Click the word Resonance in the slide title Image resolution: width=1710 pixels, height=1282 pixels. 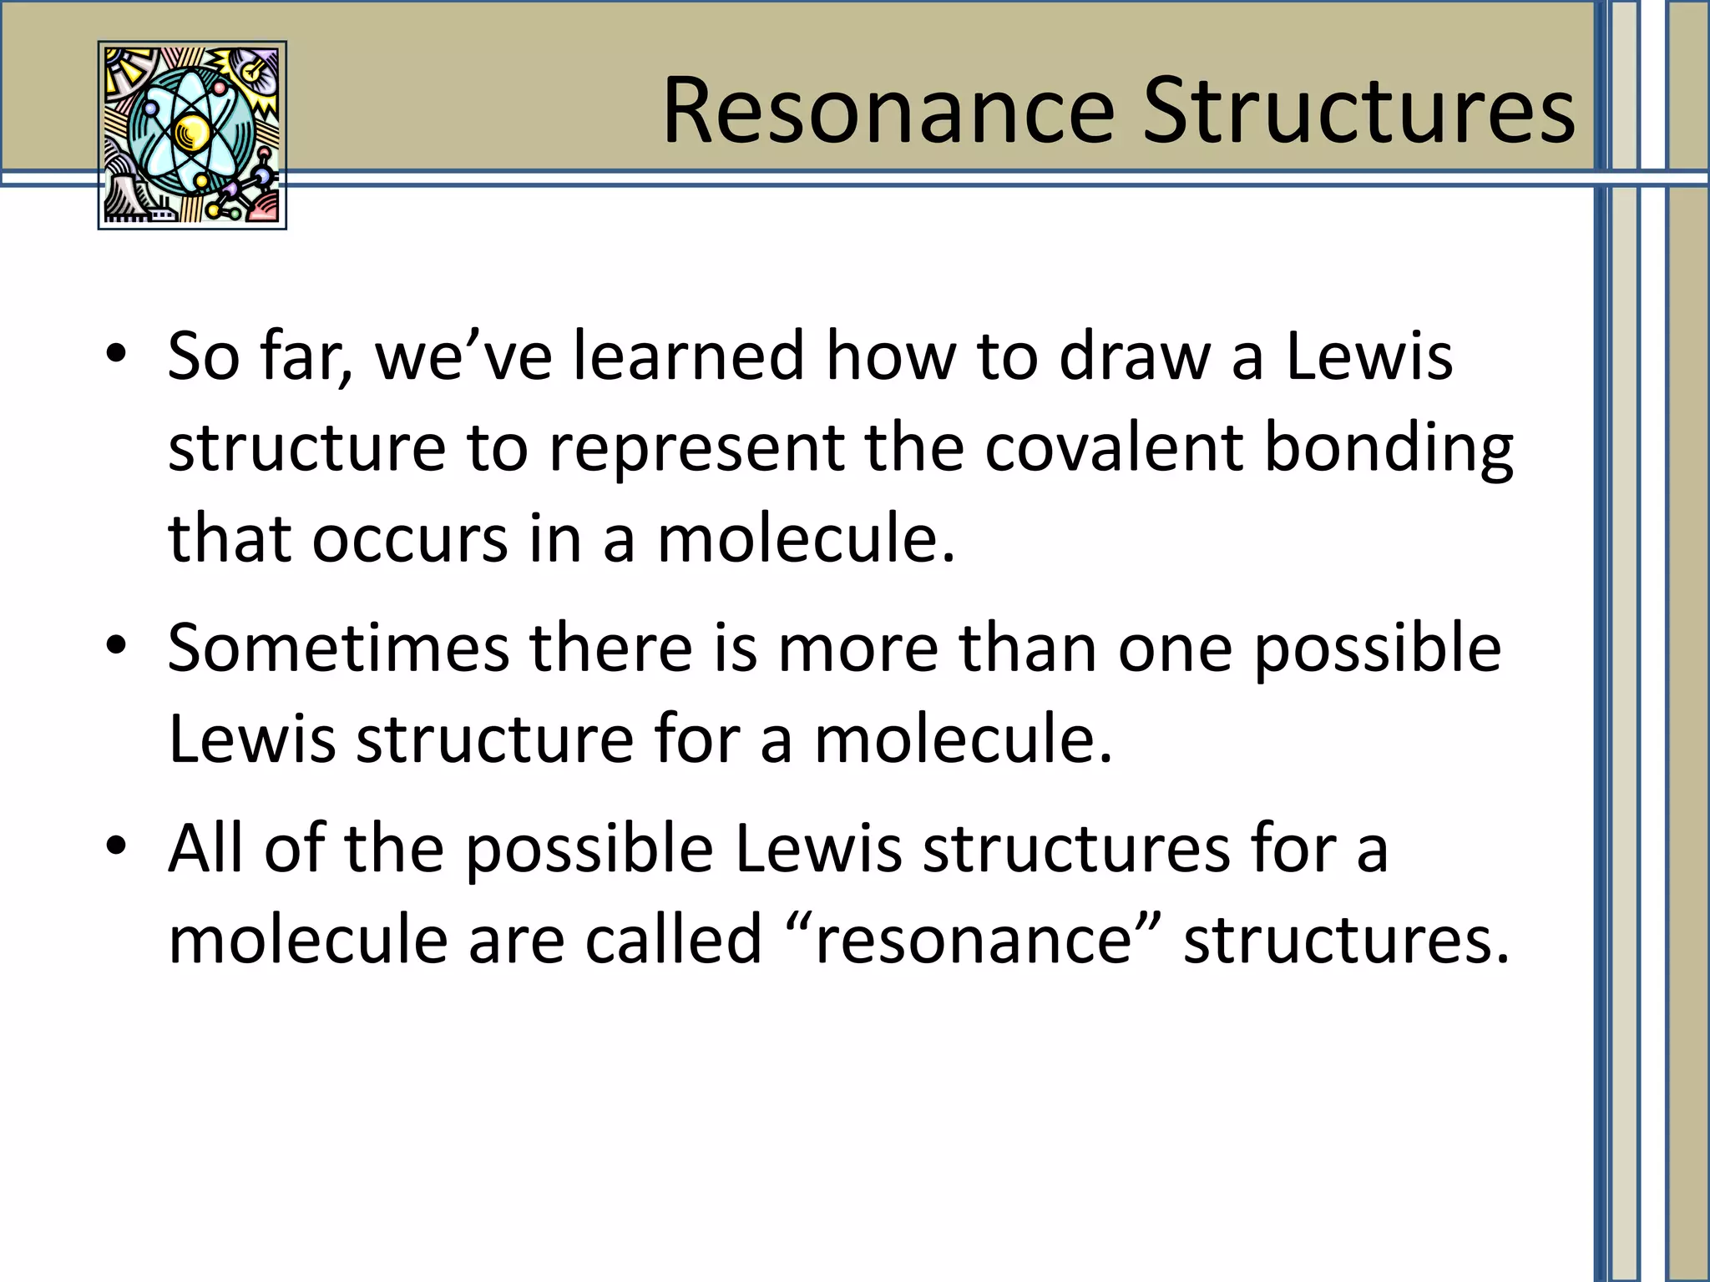tap(888, 111)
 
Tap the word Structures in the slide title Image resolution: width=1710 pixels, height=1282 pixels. tap(1358, 111)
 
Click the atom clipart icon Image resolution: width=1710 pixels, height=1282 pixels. tap(192, 135)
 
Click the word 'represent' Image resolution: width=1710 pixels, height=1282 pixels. tap(696, 449)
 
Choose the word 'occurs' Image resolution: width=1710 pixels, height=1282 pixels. tap(409, 539)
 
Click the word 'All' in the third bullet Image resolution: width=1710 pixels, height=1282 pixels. tap(205, 847)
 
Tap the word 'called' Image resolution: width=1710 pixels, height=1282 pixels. tap(673, 939)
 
